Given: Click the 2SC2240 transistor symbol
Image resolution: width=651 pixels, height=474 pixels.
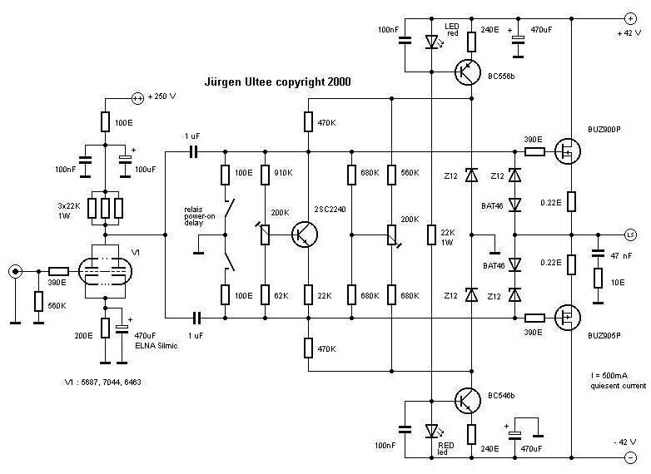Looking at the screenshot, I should (x=304, y=235).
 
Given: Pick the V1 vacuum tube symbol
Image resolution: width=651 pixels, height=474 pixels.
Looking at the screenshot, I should (x=106, y=271).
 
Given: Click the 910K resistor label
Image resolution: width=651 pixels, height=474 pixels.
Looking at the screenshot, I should (x=282, y=175).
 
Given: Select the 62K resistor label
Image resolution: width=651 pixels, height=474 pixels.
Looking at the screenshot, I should (x=281, y=293).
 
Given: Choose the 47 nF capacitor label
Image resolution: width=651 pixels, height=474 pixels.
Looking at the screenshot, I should (x=620, y=257).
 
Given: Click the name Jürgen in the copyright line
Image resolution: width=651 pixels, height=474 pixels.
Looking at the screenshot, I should (x=225, y=82).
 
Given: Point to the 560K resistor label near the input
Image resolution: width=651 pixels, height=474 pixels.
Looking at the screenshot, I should (x=58, y=304).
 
